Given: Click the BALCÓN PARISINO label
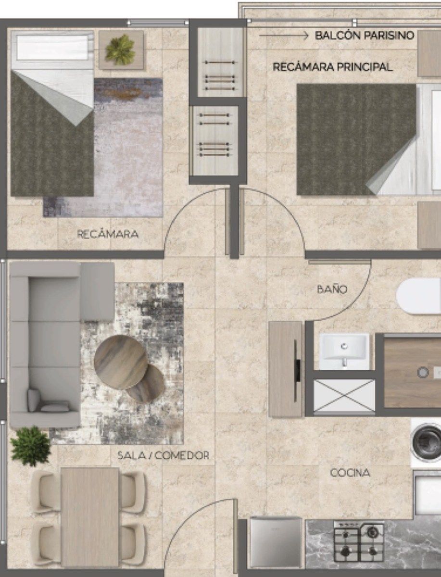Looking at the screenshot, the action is pos(365,35).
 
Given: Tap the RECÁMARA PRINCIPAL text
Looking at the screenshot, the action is pos(332,67).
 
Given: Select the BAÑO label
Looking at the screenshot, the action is pos(332,289).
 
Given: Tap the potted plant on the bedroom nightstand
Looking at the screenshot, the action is pos(120,50).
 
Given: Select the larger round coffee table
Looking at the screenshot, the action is pos(120,362).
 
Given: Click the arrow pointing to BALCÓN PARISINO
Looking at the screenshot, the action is pos(283,36).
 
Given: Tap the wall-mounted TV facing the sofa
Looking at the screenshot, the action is pos(296,371).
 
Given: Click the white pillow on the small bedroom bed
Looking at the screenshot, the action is pos(52,48).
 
